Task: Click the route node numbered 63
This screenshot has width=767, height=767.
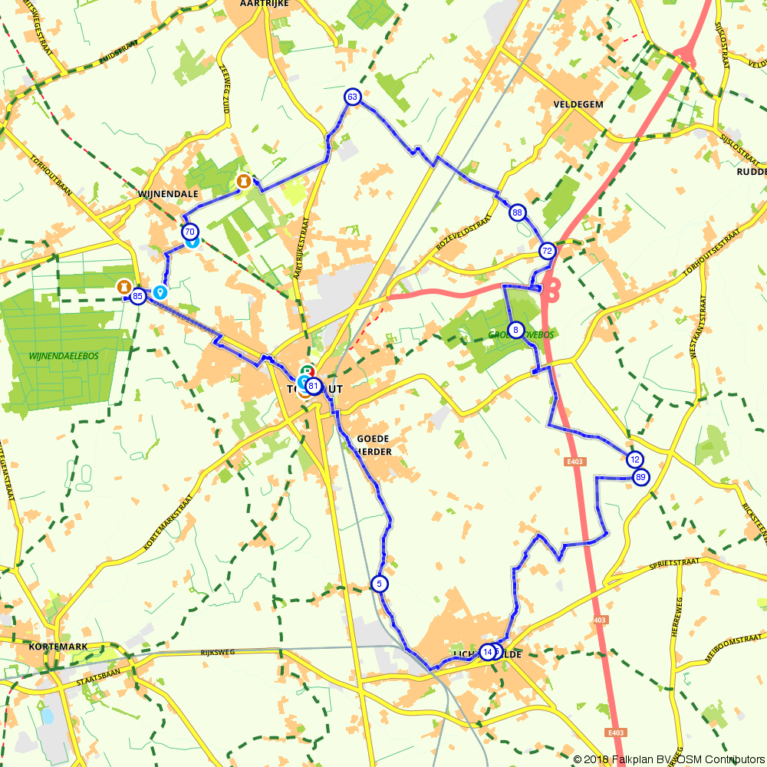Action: tap(352, 97)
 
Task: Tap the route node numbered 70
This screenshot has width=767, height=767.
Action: tap(189, 231)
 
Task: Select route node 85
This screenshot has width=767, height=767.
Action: tap(138, 296)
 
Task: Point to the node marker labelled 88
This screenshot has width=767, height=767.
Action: tap(518, 212)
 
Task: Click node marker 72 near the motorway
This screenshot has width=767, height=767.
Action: tap(547, 251)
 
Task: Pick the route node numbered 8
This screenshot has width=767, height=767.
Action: tap(516, 331)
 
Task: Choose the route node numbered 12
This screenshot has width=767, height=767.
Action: tap(634, 459)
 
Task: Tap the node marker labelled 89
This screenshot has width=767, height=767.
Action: tap(641, 477)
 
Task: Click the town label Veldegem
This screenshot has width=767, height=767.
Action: tap(578, 104)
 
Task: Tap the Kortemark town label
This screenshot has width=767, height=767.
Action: tap(58, 647)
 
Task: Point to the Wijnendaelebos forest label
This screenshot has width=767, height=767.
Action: tap(64, 356)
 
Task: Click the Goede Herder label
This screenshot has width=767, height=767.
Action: tap(374, 445)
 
